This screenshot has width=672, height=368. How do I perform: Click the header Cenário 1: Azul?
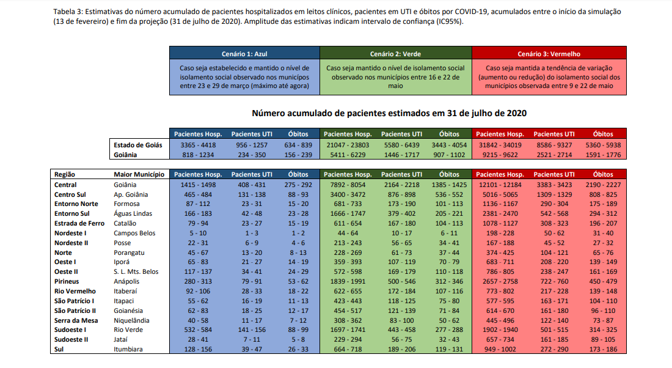[244, 54]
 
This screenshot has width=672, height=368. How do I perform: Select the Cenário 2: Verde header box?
[395, 54]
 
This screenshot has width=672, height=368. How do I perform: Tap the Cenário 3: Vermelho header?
[549, 54]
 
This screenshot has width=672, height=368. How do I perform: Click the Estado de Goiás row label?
[138, 145]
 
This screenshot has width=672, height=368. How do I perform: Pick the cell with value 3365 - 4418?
[198, 145]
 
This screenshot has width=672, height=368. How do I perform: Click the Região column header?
[65, 174]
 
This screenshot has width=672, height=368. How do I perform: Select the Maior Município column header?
[139, 174]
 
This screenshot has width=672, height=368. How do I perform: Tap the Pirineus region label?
[67, 281]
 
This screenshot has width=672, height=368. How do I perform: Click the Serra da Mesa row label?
[75, 320]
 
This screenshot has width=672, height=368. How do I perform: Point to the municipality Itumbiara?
[130, 350]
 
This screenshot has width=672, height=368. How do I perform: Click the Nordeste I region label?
[70, 233]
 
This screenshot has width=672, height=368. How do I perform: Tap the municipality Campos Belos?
[135, 233]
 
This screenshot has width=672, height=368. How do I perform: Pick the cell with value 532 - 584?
[198, 330]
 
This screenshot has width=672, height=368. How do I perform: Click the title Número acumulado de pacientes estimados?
[389, 113]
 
